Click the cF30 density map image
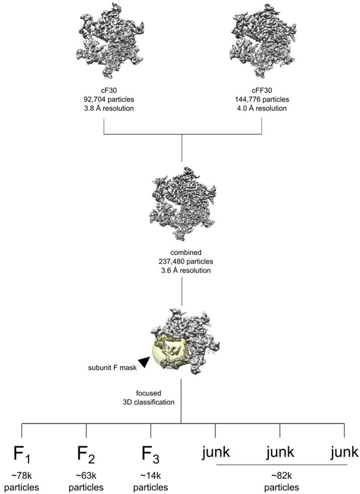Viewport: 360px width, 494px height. (110, 41)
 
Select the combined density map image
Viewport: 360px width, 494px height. (183, 203)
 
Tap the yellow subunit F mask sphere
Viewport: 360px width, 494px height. (170, 352)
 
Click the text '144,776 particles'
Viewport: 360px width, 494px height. (262, 99)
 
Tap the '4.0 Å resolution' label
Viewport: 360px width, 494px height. (262, 108)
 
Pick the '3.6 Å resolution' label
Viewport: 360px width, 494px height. (186, 270)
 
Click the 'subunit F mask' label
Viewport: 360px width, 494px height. (113, 367)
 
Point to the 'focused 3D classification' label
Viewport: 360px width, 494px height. (149, 398)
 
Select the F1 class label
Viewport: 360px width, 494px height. (22, 454)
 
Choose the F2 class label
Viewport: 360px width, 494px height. (86, 454)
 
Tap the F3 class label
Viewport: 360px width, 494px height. (151, 454)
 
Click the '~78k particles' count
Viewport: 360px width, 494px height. (22, 482)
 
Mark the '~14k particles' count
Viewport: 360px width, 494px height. (151, 482)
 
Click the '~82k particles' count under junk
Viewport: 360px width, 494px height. (281, 482)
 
